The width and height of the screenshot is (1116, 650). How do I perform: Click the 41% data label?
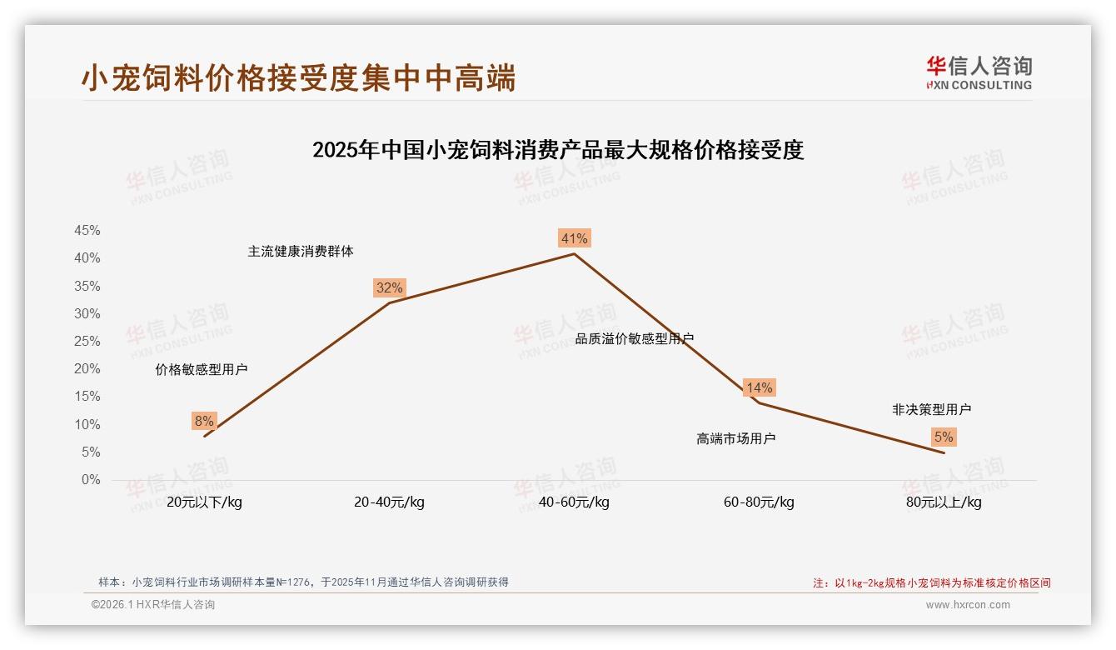(x=574, y=238)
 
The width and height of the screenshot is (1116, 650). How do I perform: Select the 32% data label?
(x=389, y=287)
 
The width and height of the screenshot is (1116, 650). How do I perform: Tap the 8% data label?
(x=204, y=421)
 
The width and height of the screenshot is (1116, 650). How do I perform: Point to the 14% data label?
(x=759, y=387)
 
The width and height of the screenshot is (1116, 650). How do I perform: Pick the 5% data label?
(x=944, y=437)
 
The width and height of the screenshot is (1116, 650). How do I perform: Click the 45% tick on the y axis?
(x=87, y=230)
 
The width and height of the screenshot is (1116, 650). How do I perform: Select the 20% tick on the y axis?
(x=87, y=368)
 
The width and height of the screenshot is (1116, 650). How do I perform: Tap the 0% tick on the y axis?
(x=90, y=480)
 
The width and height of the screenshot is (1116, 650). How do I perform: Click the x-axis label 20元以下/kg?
(x=204, y=502)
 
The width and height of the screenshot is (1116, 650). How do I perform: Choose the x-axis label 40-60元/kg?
(x=574, y=502)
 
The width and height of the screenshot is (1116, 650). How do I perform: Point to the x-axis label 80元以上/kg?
(x=944, y=502)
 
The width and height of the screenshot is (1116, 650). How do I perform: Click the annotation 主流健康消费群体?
(x=300, y=251)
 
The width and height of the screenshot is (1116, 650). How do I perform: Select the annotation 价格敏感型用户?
(x=201, y=369)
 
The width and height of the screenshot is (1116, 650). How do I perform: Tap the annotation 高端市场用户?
(x=735, y=438)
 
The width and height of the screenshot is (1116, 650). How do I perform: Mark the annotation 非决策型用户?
(x=931, y=409)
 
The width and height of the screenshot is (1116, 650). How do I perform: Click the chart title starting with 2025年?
(x=557, y=150)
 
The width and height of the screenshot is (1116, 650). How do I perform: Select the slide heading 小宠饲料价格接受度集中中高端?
(x=298, y=77)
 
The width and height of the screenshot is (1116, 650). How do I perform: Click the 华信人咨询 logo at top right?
(x=979, y=72)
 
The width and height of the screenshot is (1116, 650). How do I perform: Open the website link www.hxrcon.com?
(x=967, y=605)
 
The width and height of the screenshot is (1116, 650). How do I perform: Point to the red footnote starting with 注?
(x=931, y=582)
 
